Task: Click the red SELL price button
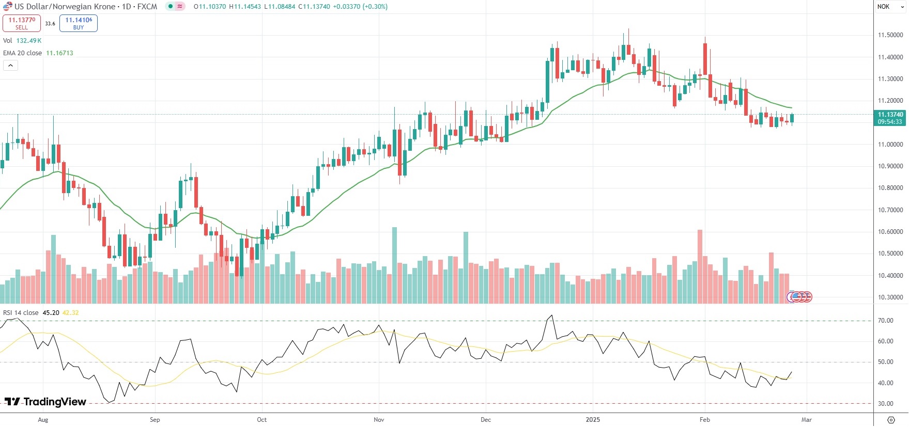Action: [22, 23]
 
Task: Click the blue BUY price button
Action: [79, 23]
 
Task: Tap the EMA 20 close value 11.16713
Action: [59, 53]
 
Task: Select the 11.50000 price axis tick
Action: [890, 35]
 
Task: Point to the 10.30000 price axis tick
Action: [890, 297]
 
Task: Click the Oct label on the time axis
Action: [262, 420]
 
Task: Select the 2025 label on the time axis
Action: [593, 420]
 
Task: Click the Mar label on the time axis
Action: [807, 420]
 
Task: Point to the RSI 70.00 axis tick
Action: [886, 321]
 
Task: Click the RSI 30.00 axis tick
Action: [886, 404]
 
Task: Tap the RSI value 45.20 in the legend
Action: [51, 313]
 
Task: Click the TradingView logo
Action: [45, 402]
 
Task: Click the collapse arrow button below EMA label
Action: [10, 66]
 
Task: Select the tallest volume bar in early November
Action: [394, 264]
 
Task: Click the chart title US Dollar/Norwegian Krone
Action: [65, 7]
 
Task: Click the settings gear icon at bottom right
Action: [891, 420]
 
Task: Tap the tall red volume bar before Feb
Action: [700, 266]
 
